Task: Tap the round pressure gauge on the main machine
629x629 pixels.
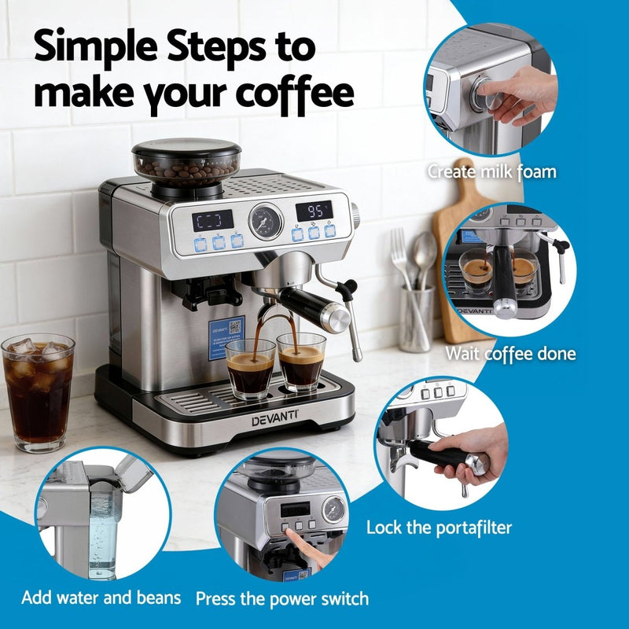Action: [x=266, y=220]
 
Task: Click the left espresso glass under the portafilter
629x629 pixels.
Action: [x=251, y=368]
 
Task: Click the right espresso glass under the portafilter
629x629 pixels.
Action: [x=300, y=362]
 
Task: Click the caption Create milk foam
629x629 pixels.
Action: [x=491, y=171]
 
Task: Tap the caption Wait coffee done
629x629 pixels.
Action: [x=510, y=354]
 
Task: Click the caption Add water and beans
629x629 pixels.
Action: [x=101, y=598]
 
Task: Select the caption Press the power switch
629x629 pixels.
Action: [x=281, y=599]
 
